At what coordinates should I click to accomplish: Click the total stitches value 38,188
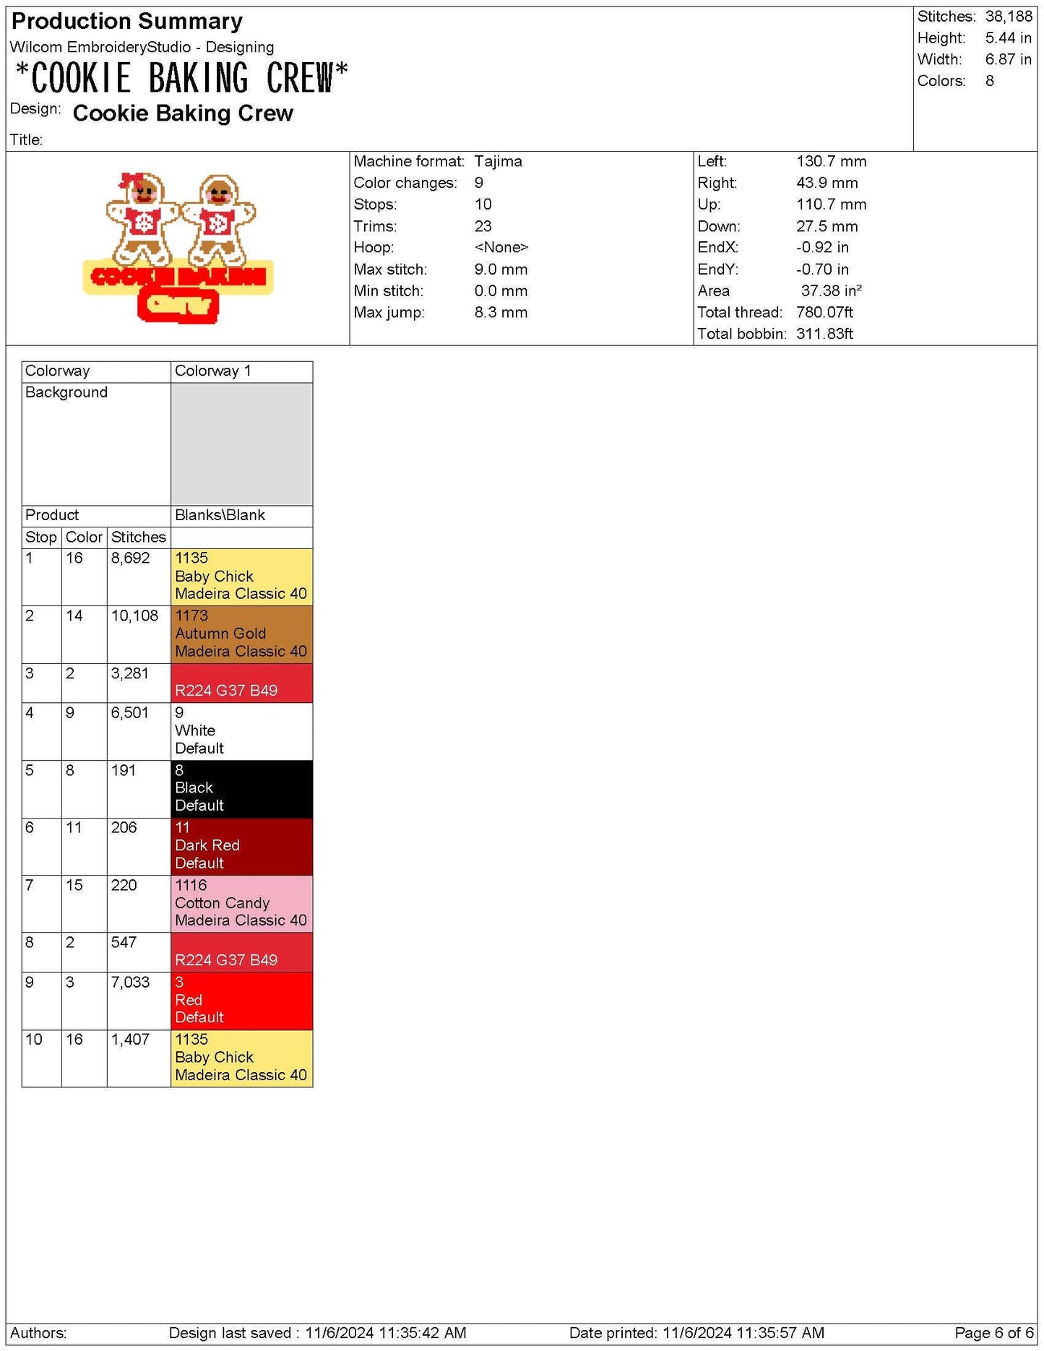click(x=1008, y=17)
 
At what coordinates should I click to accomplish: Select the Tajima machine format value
click(x=498, y=161)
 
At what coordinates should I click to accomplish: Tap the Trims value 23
click(x=483, y=226)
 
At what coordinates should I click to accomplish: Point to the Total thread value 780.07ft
click(x=824, y=312)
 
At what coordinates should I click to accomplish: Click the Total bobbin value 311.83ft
click(x=824, y=334)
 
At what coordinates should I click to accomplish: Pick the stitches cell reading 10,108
click(x=134, y=616)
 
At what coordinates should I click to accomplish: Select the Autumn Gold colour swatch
click(x=241, y=634)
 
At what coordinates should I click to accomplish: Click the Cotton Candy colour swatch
click(x=241, y=903)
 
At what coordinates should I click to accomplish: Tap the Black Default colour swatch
click(x=241, y=788)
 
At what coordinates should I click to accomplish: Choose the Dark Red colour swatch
click(x=241, y=846)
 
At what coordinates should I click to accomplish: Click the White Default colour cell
click(x=241, y=730)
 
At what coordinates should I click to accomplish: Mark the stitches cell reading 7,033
click(x=130, y=982)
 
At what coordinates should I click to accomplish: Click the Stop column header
click(x=40, y=537)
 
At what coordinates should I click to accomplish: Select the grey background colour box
click(x=241, y=444)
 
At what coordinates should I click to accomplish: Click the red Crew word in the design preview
click(x=178, y=306)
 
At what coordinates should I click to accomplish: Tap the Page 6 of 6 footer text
click(x=993, y=1332)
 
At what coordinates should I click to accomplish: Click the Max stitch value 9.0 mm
click(x=501, y=269)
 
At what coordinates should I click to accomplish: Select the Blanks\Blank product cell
click(x=220, y=515)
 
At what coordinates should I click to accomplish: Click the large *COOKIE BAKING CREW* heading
click(x=181, y=78)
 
